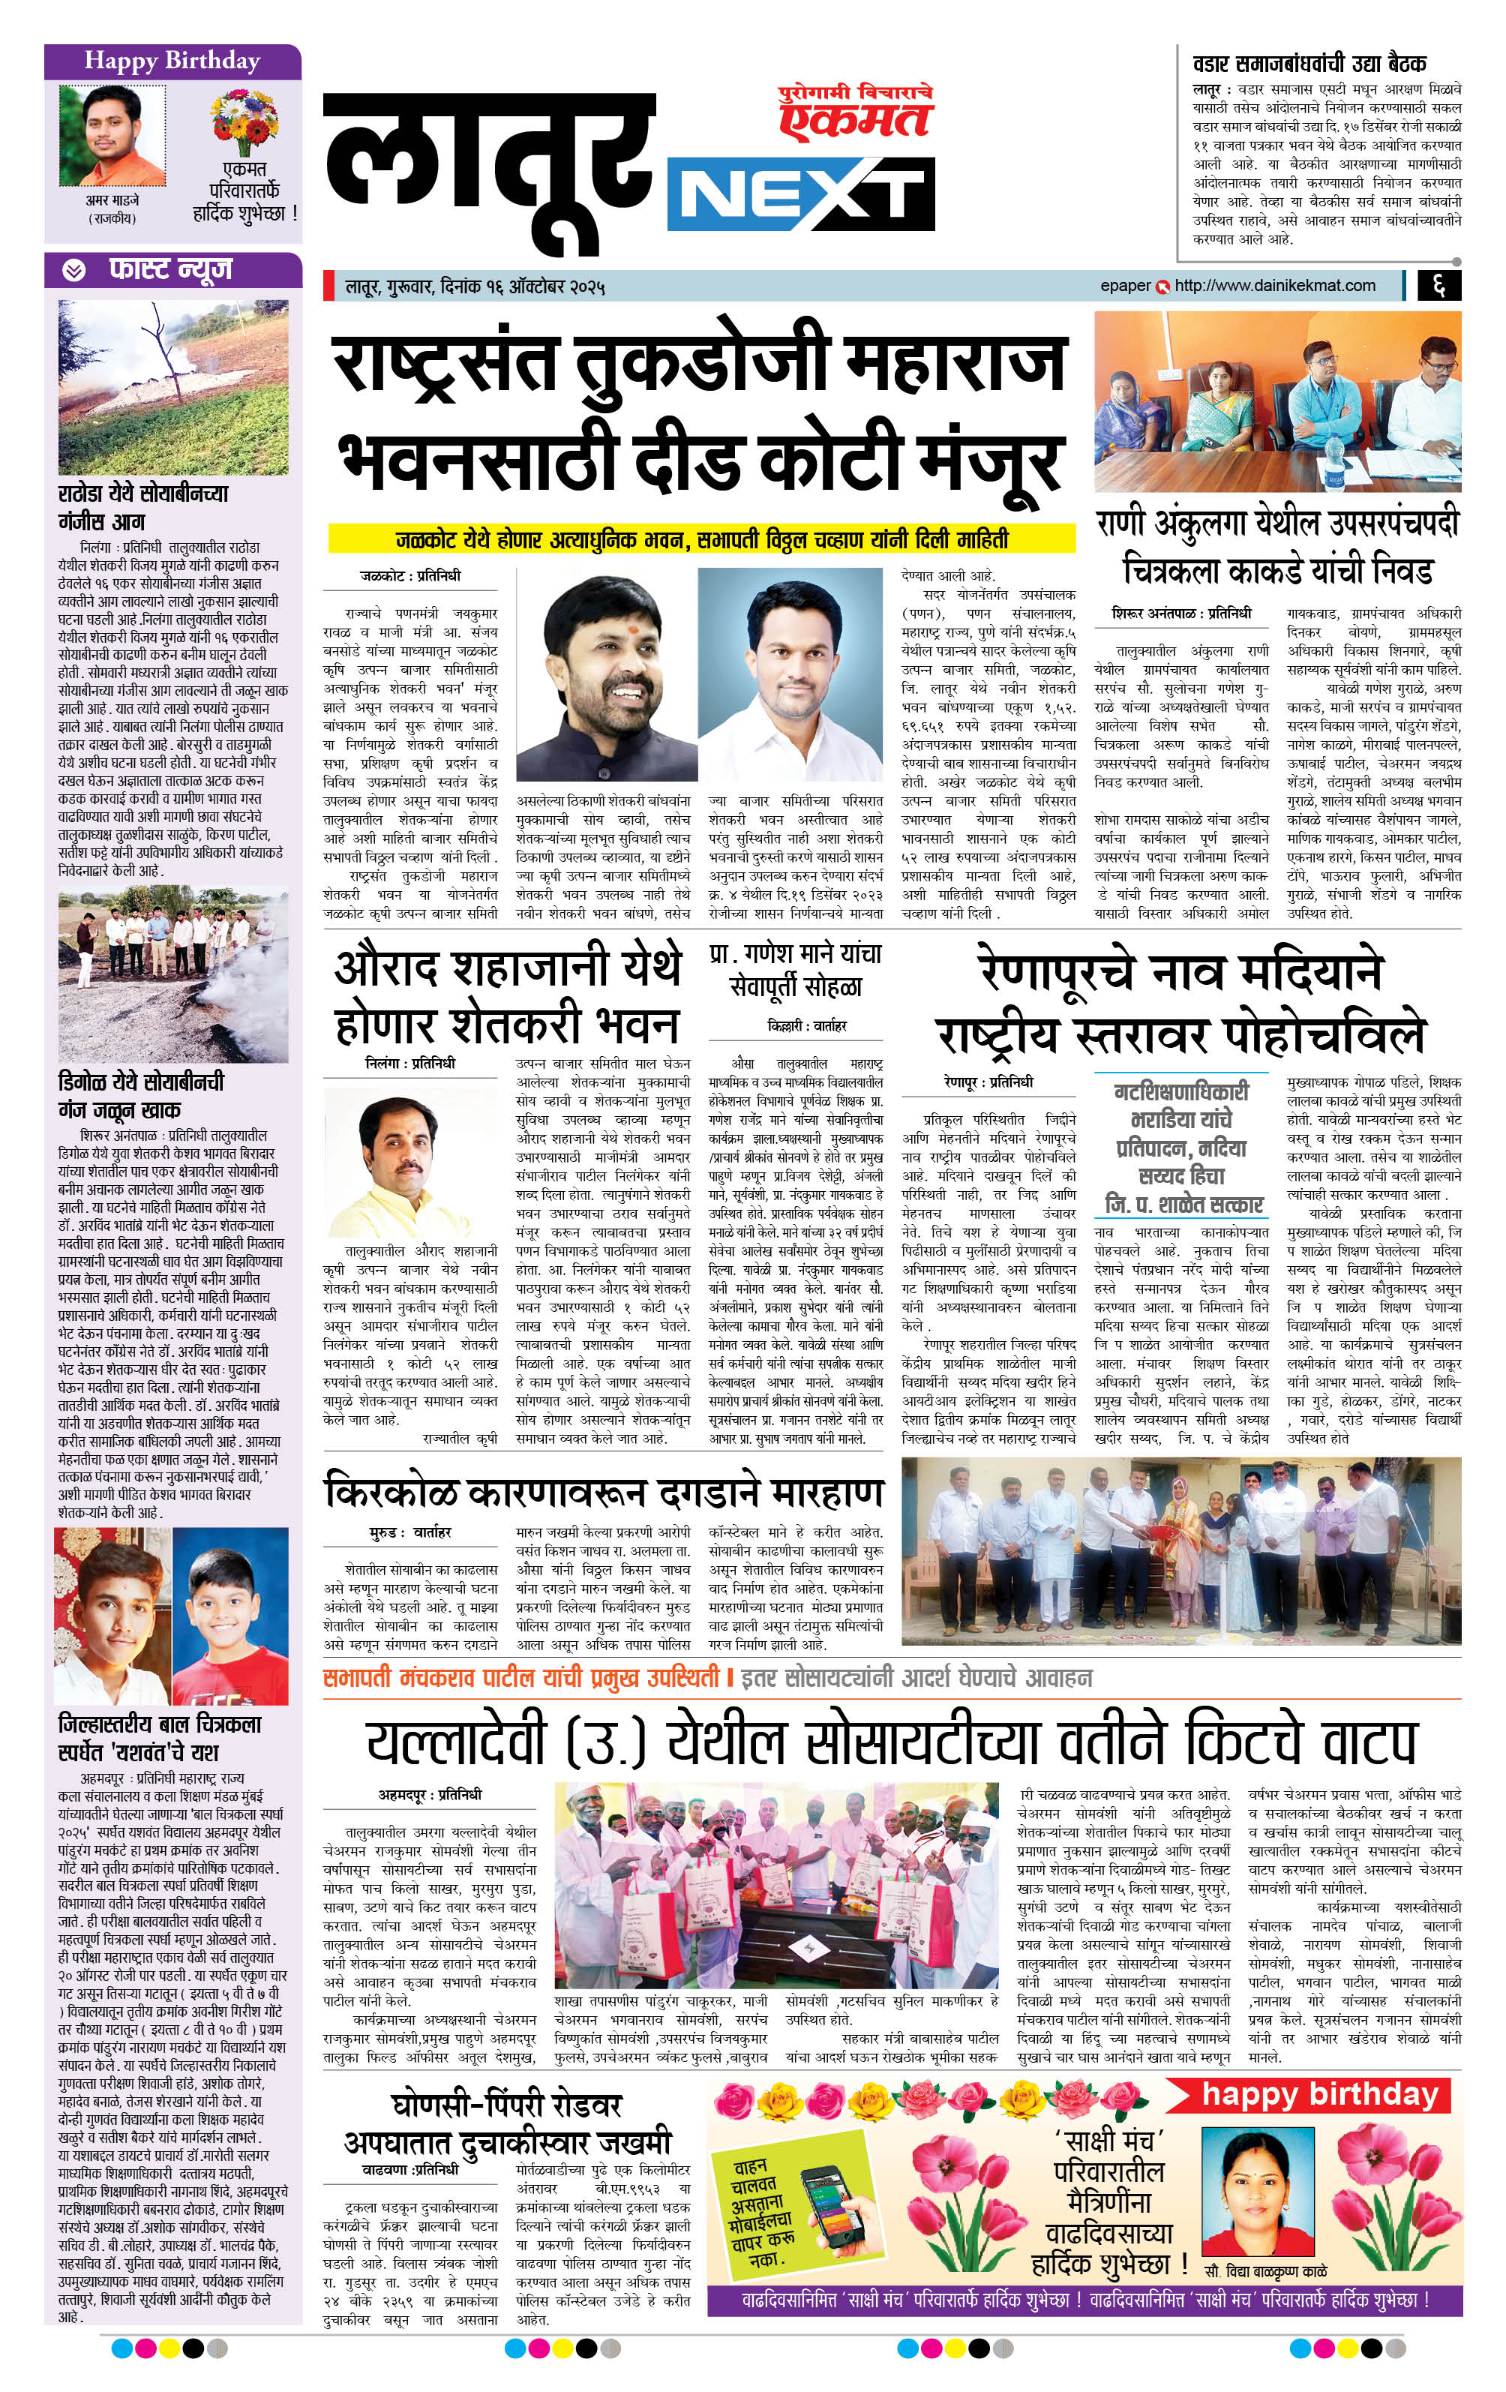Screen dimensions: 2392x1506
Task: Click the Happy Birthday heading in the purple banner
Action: pyautogui.click(x=172, y=62)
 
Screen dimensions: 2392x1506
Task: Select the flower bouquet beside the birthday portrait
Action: pyautogui.click(x=244, y=120)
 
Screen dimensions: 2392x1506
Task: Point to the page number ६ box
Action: pyautogui.click(x=1438, y=286)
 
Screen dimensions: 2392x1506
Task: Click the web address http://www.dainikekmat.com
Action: pyautogui.click(x=1274, y=286)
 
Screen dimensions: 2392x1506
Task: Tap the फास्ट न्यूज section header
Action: pyautogui.click(x=169, y=270)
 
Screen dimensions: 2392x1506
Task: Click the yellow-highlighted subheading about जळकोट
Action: pyautogui.click(x=701, y=539)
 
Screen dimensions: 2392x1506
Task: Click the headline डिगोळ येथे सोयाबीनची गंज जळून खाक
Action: pyautogui.click(x=141, y=1094)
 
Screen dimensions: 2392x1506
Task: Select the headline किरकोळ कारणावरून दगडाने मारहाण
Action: pyautogui.click(x=604, y=1492)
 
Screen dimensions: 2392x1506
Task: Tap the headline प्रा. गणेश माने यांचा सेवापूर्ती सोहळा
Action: pyautogui.click(x=796, y=970)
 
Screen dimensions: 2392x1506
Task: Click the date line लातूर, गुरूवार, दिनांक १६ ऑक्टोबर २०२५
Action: pyautogui.click(x=475, y=287)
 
